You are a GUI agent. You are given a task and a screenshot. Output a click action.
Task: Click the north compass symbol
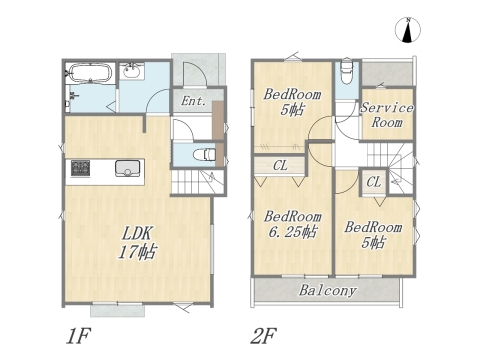point(408,30)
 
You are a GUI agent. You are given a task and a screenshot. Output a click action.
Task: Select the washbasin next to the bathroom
point(132,71)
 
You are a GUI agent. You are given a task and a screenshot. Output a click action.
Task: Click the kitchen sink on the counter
point(128,168)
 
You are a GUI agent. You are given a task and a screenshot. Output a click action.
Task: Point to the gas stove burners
point(80,168)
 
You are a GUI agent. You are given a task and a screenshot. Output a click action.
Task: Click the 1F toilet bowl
point(205,154)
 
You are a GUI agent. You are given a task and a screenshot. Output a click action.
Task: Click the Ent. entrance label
point(194,101)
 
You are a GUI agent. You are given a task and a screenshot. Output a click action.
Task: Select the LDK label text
point(137,234)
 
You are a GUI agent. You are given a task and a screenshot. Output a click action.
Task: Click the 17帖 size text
point(137,252)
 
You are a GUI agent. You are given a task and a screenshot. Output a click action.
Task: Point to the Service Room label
point(387,115)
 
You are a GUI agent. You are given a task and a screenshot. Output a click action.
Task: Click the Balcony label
point(328,290)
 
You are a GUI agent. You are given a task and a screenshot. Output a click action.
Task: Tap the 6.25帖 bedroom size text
point(292,232)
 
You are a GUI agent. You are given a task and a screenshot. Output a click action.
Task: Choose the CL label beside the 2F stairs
point(374,182)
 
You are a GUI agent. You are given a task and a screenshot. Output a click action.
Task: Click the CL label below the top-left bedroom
point(280,165)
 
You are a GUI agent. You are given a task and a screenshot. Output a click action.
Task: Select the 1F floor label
point(79,336)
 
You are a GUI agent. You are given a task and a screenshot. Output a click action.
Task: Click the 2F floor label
point(263,336)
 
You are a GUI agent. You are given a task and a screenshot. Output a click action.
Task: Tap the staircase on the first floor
point(197,181)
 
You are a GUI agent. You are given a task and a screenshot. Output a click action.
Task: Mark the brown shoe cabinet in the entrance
point(218,133)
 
